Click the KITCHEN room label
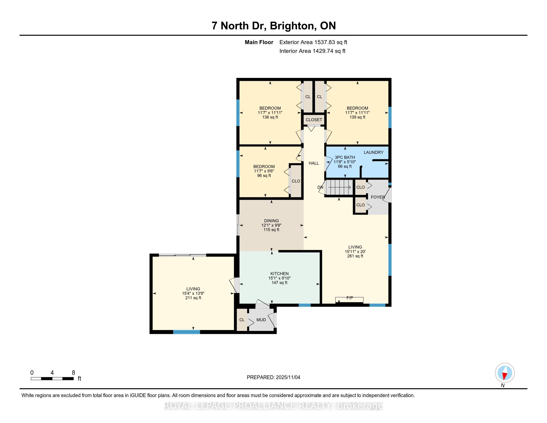click(x=279, y=273)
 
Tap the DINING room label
click(x=271, y=220)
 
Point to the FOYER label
click(x=377, y=197)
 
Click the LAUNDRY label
click(x=373, y=152)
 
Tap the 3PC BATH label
click(x=345, y=157)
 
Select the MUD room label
click(x=261, y=320)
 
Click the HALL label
click(x=314, y=163)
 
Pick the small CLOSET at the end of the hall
click(x=314, y=120)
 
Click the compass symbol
click(x=505, y=373)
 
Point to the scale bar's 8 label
click(x=73, y=373)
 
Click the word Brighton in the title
click(x=292, y=26)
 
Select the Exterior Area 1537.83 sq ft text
click(x=313, y=42)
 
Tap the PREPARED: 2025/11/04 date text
click(x=273, y=377)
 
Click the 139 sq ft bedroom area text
click(x=357, y=117)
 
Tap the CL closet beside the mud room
click(x=242, y=320)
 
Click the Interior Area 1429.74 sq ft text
click(x=312, y=51)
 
